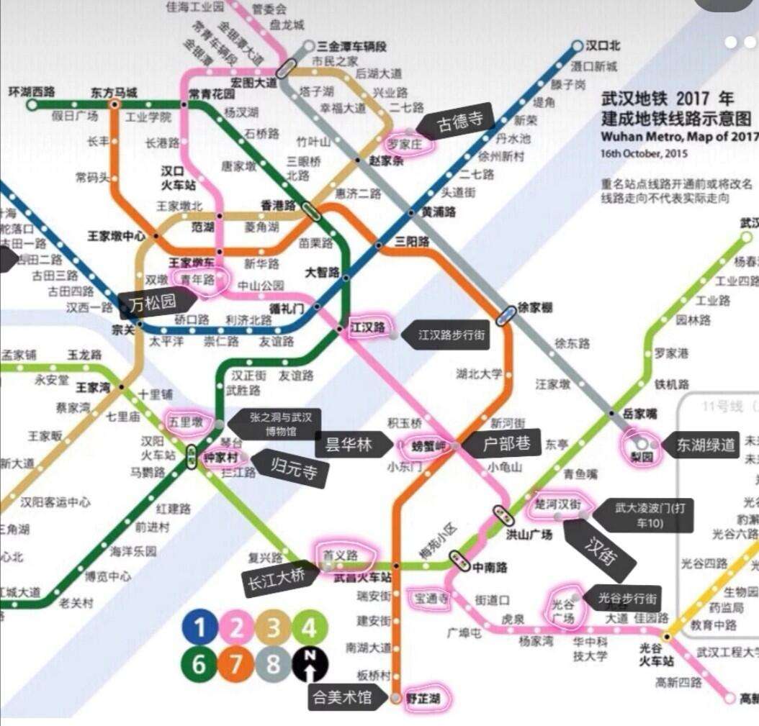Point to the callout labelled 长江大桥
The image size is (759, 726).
[277, 577]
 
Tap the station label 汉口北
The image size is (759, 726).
[602, 46]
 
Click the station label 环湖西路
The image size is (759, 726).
[32, 91]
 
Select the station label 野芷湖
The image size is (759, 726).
[421, 697]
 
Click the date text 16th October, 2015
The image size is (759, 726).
[644, 153]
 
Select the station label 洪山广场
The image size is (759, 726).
[529, 535]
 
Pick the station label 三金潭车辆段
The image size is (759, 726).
[351, 46]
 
